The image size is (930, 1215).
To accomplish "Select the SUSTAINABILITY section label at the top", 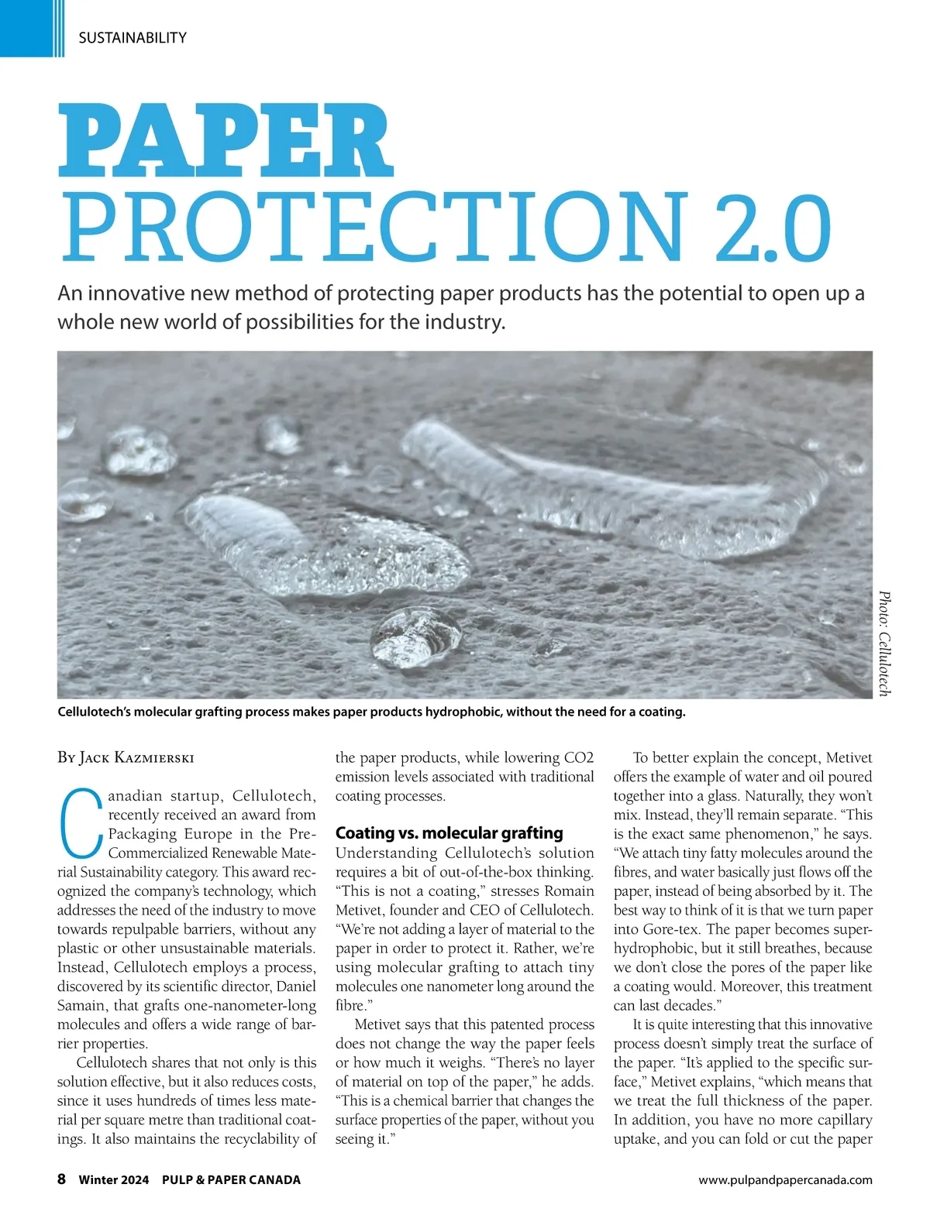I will click(x=133, y=37).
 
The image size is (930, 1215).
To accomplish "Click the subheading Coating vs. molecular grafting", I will click(x=449, y=833).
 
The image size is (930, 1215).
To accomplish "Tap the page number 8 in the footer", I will click(x=61, y=1179).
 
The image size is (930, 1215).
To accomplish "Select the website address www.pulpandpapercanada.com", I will click(x=785, y=1180).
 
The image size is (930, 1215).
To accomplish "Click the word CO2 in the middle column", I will click(x=578, y=757).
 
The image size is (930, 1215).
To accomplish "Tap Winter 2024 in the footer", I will click(x=114, y=1180).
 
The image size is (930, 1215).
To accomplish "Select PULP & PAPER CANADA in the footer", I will click(x=231, y=1180).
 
